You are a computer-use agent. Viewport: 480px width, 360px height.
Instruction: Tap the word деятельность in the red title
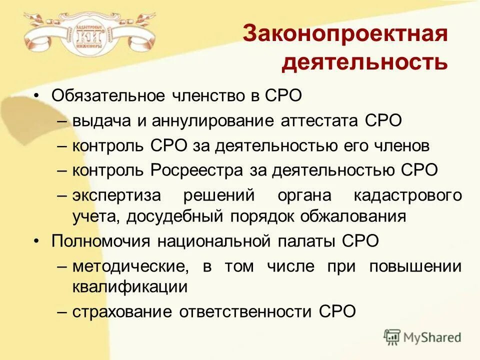coord(364,63)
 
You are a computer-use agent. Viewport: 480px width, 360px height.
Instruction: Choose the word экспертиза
coord(116,195)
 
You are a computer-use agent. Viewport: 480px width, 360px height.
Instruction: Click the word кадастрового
coord(407,195)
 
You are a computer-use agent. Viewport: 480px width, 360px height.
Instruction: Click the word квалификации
coord(123,287)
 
